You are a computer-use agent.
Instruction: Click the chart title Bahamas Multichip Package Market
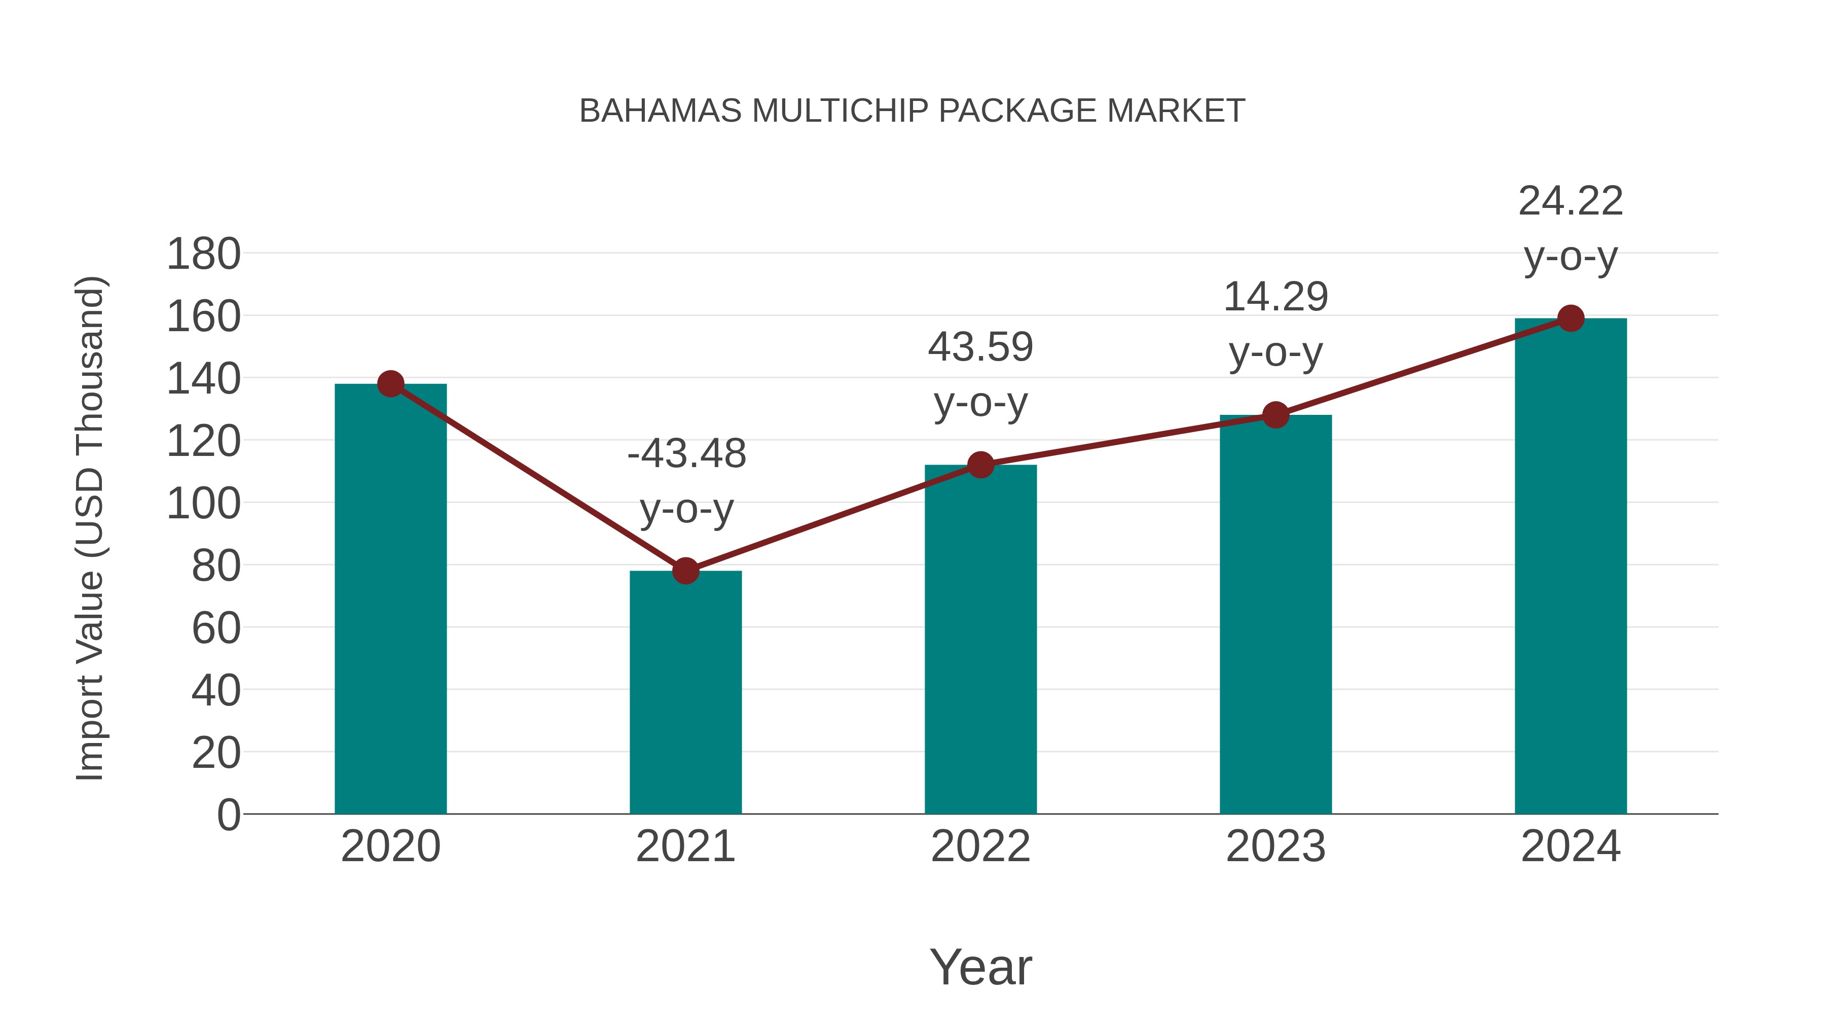pyautogui.click(x=912, y=111)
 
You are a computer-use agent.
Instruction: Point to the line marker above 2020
pyautogui.click(x=390, y=384)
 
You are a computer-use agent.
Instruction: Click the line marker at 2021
pyautogui.click(x=685, y=571)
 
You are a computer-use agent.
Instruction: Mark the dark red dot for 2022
pyautogui.click(x=980, y=465)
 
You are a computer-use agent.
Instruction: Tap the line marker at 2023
pyautogui.click(x=1275, y=415)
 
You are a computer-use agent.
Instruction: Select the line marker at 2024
pyautogui.click(x=1571, y=318)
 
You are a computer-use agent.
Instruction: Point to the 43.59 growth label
pyautogui.click(x=980, y=347)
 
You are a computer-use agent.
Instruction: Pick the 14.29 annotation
pyautogui.click(x=1275, y=297)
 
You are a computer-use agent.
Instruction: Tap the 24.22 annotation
pyautogui.click(x=1571, y=201)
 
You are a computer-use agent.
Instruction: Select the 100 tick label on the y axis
pyautogui.click(x=203, y=504)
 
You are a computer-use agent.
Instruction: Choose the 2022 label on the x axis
pyautogui.click(x=980, y=846)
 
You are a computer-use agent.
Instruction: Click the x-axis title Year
pyautogui.click(x=980, y=967)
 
